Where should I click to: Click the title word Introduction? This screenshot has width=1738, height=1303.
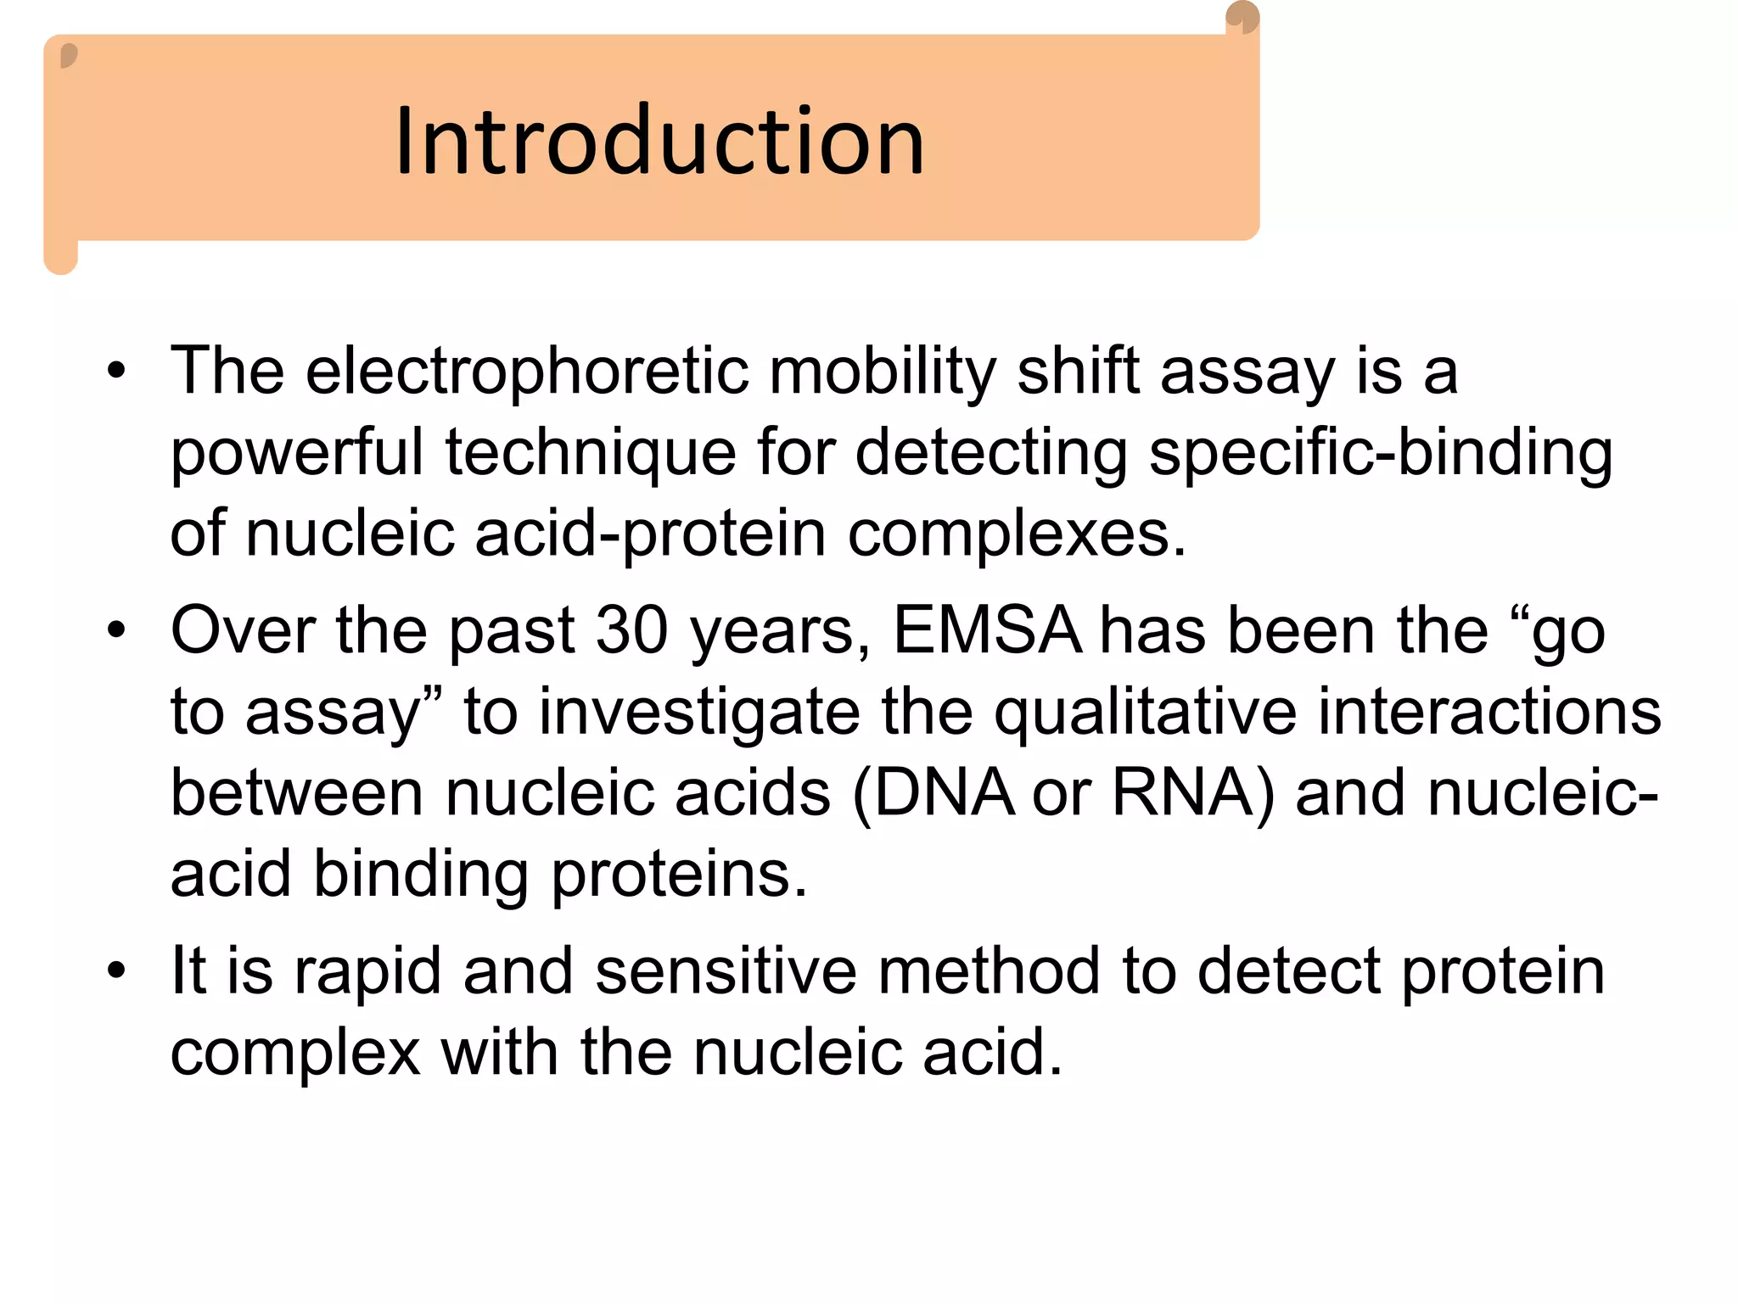[x=659, y=142]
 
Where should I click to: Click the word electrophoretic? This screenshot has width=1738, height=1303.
[x=527, y=372]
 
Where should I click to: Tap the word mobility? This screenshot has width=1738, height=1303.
[x=882, y=372]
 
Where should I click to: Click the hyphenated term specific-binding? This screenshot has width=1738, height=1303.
[x=1380, y=453]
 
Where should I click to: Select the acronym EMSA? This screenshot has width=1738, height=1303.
[x=987, y=632]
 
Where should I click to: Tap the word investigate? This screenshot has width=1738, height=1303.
[x=699, y=713]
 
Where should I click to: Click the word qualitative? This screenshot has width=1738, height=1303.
[x=1145, y=713]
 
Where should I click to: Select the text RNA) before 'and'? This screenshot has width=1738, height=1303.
[x=1192, y=794]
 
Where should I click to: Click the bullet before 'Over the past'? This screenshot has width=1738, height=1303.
[x=116, y=630]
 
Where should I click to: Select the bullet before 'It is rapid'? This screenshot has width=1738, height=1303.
[x=116, y=970]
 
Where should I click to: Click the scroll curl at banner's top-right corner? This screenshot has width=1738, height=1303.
[x=1242, y=18]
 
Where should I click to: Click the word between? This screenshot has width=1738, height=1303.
[x=296, y=794]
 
